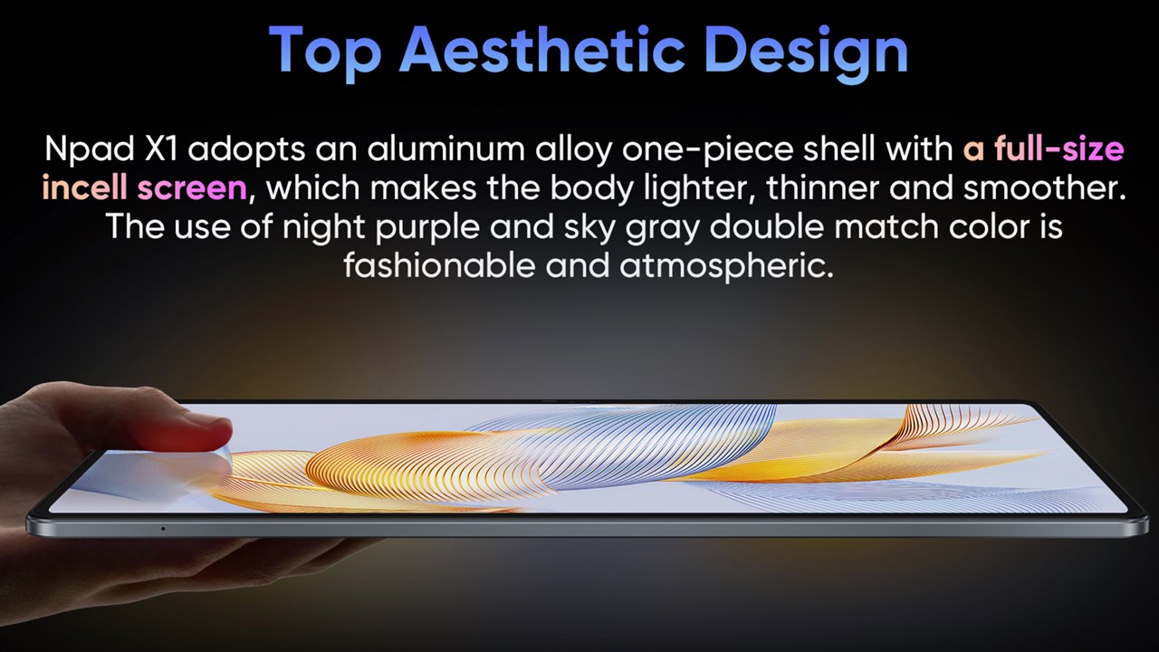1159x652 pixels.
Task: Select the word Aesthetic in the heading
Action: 542,49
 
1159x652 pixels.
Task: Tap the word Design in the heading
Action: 806,52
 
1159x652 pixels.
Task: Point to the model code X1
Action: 160,149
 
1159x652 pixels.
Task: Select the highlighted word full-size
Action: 1059,149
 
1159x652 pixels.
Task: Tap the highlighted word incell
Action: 84,187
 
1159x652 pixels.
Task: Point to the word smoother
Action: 1045,187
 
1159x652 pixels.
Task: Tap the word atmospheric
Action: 726,267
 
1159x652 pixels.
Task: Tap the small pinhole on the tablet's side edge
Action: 163,528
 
